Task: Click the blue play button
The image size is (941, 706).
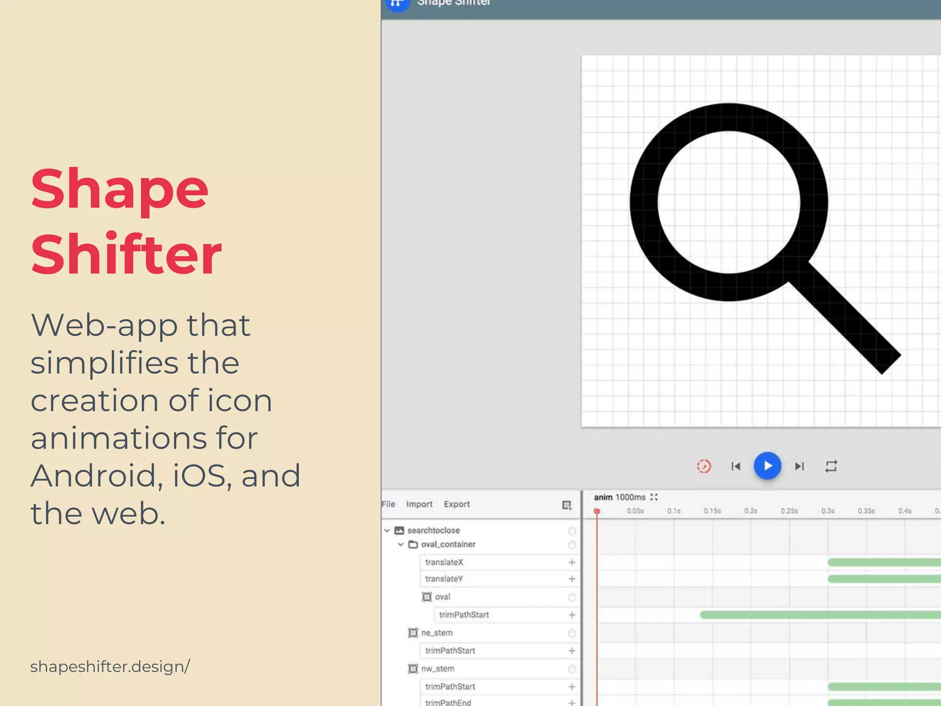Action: point(767,466)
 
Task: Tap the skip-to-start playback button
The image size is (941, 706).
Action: point(736,467)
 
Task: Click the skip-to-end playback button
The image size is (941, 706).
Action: point(799,467)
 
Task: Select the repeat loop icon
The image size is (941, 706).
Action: point(831,467)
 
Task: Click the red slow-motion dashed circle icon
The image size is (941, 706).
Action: point(703,467)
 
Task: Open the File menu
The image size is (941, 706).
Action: point(388,504)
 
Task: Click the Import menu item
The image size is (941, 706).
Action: point(419,504)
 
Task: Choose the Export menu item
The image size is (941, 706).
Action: point(457,504)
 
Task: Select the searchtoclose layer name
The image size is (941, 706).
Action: point(433,530)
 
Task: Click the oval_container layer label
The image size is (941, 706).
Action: point(448,545)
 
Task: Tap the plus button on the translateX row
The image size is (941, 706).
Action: point(572,563)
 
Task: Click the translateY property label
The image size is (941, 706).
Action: point(444,579)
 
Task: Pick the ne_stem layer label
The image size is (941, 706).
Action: point(436,633)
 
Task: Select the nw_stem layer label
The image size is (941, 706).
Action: point(437,669)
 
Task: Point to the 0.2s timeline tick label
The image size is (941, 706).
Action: point(751,511)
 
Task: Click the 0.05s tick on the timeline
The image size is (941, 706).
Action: point(635,511)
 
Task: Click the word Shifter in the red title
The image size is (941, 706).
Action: point(126,254)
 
